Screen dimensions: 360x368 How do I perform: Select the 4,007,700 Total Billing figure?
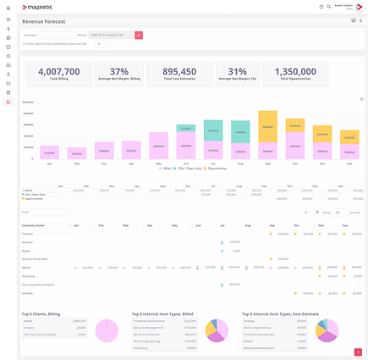tap(58, 72)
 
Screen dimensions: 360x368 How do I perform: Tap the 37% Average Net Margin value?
tap(119, 72)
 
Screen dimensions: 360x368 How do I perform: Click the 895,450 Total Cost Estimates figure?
tap(179, 72)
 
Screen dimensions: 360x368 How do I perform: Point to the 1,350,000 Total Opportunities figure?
tap(296, 72)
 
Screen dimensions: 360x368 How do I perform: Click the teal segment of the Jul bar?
tap(213, 130)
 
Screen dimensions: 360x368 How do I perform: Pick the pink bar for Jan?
tap(50, 152)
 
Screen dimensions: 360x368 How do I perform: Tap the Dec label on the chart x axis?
tap(348, 163)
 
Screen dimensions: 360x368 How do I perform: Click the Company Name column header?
tap(35, 226)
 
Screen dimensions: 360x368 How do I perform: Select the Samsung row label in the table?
tap(30, 275)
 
